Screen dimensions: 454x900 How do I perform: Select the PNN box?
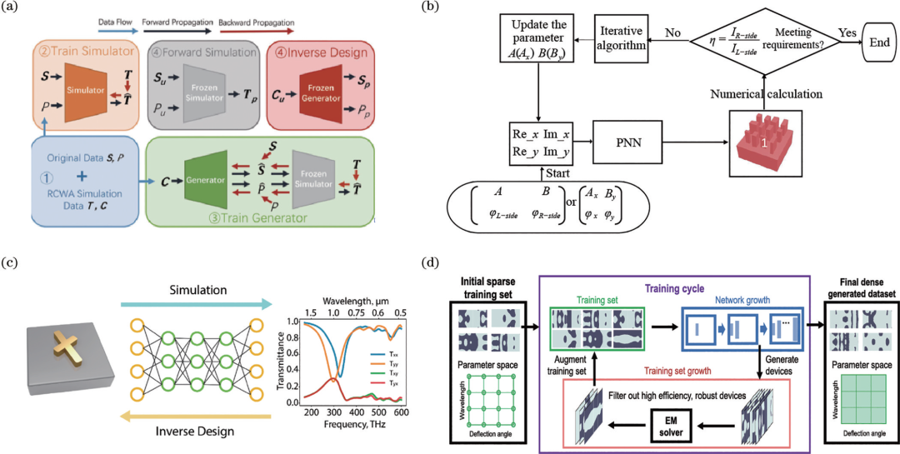tap(627, 143)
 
